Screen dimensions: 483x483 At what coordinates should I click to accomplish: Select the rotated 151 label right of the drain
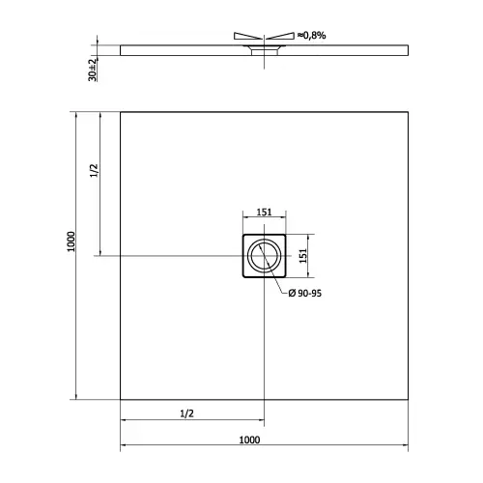point(300,255)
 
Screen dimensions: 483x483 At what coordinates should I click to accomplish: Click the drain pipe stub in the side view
point(262,52)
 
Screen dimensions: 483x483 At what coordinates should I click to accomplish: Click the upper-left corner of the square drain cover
point(241,236)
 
